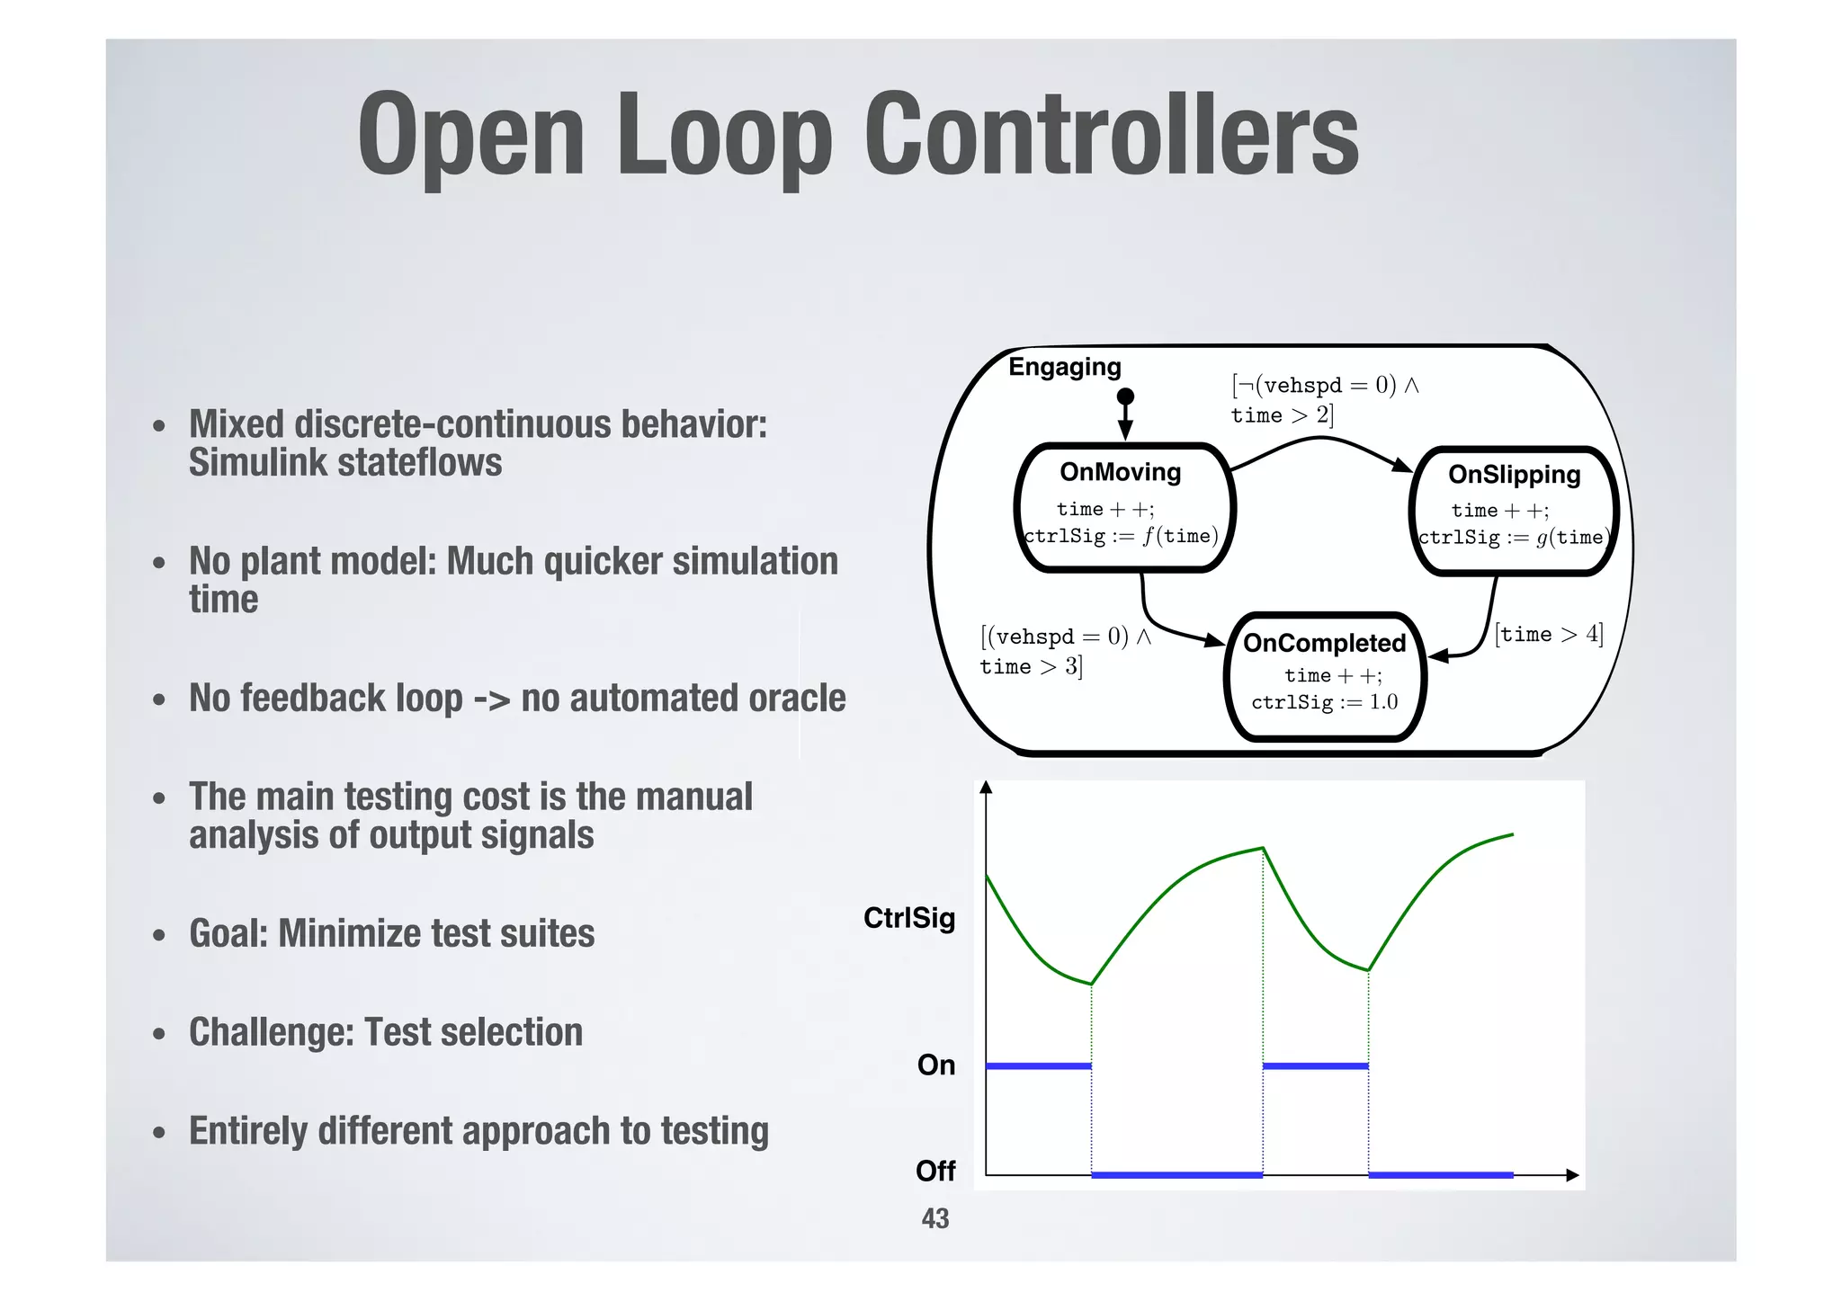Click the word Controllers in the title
pyautogui.click(x=1111, y=135)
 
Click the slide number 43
pyautogui.click(x=934, y=1218)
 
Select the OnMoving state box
pyautogui.click(x=1124, y=508)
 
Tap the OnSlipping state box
pyautogui.click(x=1514, y=511)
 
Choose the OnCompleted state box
pyautogui.click(x=1324, y=676)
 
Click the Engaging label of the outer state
pyautogui.click(x=1064, y=367)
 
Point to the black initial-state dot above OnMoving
pyautogui.click(x=1125, y=397)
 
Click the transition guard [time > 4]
pyautogui.click(x=1549, y=634)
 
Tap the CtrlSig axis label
pyautogui.click(x=908, y=918)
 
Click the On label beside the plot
pyautogui.click(x=935, y=1065)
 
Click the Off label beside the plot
pyautogui.click(x=935, y=1171)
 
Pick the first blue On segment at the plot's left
pyautogui.click(x=1038, y=1066)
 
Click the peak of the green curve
pyautogui.click(x=1263, y=848)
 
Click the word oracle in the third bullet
pyautogui.click(x=797, y=699)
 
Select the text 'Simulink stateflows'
pyautogui.click(x=345, y=463)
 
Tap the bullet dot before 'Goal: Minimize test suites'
pyautogui.click(x=159, y=935)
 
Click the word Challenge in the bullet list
pyautogui.click(x=271, y=1032)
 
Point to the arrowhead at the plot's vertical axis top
pyautogui.click(x=986, y=788)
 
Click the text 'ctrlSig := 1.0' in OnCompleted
pyautogui.click(x=1324, y=702)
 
